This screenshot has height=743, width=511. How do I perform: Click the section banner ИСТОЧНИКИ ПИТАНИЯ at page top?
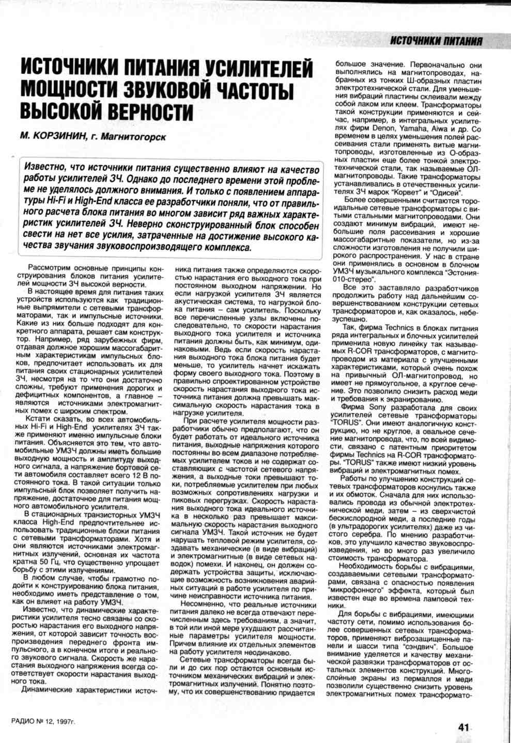pos(436,41)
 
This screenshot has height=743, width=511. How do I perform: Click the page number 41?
pos(463,727)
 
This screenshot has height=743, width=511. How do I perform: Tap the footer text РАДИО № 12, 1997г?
pos(43,721)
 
